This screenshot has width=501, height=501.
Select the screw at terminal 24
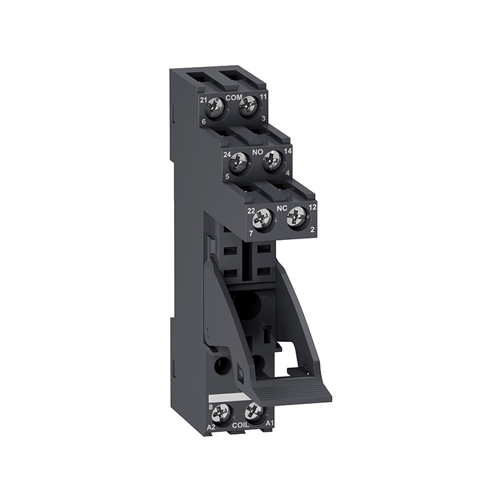(238, 162)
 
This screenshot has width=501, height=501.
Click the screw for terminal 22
(261, 220)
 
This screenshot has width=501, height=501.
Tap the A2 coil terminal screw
(221, 413)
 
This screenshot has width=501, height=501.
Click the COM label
(234, 98)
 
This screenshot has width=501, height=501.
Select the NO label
(257, 152)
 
